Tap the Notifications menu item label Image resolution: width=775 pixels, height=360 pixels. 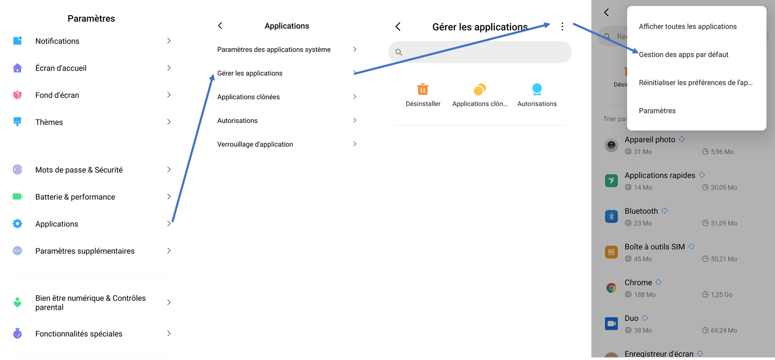57,41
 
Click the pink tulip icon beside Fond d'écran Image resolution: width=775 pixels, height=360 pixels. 18,95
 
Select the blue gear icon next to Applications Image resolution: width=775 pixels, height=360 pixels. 18,224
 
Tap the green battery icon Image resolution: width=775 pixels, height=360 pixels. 18,197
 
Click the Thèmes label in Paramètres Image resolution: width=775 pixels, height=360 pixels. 49,122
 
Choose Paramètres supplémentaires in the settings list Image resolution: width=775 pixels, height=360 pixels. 85,251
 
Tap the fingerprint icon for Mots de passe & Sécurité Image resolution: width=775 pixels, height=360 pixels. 18,170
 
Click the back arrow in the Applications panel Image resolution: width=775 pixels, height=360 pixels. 220,25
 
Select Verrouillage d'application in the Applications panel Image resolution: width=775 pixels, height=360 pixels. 255,144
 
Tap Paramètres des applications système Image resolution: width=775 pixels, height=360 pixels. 274,49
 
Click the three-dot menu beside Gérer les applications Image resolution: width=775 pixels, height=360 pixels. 562,26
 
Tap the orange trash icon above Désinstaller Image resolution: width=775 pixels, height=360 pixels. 423,89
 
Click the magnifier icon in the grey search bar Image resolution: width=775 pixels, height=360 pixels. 399,52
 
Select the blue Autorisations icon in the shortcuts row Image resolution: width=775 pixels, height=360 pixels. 537,89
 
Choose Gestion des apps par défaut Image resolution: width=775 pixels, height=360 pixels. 684,54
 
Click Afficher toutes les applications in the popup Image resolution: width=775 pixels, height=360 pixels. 687,26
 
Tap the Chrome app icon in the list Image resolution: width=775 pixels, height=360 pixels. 612,288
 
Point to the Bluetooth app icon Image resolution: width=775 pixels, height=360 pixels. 612,216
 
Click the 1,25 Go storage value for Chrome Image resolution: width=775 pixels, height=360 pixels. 721,295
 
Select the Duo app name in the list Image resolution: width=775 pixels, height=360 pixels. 631,318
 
